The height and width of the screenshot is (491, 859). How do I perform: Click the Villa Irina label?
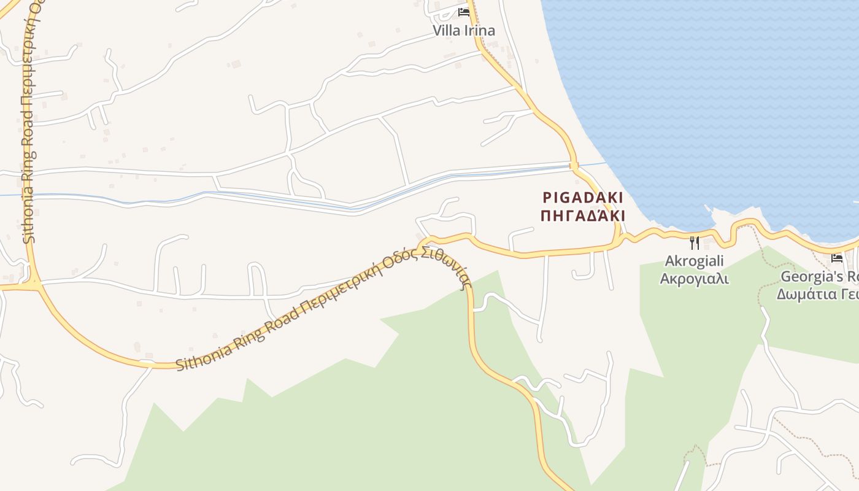(463, 30)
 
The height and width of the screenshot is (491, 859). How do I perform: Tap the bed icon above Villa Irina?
(463, 12)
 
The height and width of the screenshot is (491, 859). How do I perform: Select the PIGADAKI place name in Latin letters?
(583, 198)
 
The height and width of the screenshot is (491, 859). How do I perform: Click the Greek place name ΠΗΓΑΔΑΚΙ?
(583, 216)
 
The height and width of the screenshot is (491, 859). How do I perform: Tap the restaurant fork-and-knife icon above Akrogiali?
(694, 243)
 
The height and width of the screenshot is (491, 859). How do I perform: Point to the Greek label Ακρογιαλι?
(694, 279)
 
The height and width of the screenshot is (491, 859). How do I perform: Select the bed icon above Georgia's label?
(837, 258)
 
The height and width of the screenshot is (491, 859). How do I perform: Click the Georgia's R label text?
(820, 276)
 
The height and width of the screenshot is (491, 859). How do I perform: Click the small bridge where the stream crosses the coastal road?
(574, 165)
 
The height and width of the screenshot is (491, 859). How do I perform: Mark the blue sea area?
(706, 92)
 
